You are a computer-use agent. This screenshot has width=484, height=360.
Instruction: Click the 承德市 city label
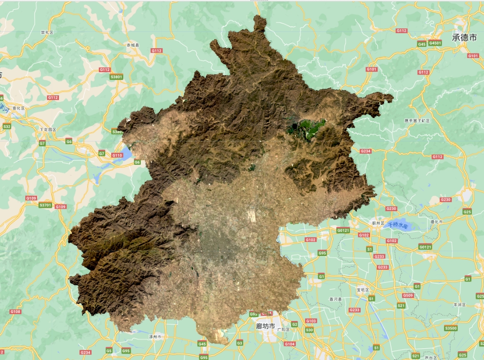tap(464, 38)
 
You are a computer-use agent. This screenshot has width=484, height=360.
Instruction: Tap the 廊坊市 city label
tap(266, 326)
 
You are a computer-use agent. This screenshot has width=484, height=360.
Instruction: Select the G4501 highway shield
tap(435, 43)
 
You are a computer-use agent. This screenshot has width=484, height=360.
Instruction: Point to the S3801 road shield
tap(116, 77)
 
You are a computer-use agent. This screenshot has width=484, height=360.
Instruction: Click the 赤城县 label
tap(133, 45)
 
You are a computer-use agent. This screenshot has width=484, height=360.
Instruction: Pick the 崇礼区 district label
tap(47, 32)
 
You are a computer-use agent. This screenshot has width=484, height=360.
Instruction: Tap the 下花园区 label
tap(48, 130)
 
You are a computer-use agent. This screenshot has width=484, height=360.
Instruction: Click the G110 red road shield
tap(117, 155)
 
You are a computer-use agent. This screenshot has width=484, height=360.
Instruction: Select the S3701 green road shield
tap(45, 205)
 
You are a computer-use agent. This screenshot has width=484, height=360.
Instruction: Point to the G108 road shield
tap(16, 312)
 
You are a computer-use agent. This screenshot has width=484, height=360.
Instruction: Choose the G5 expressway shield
tap(109, 350)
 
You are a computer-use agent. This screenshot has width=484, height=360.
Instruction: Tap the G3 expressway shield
tap(240, 343)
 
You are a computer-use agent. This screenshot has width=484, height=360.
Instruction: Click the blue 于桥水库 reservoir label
tap(398, 225)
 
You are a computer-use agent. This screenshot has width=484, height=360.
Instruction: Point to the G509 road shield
tap(407, 296)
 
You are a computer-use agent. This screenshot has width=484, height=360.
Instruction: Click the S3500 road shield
tap(451, 328)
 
